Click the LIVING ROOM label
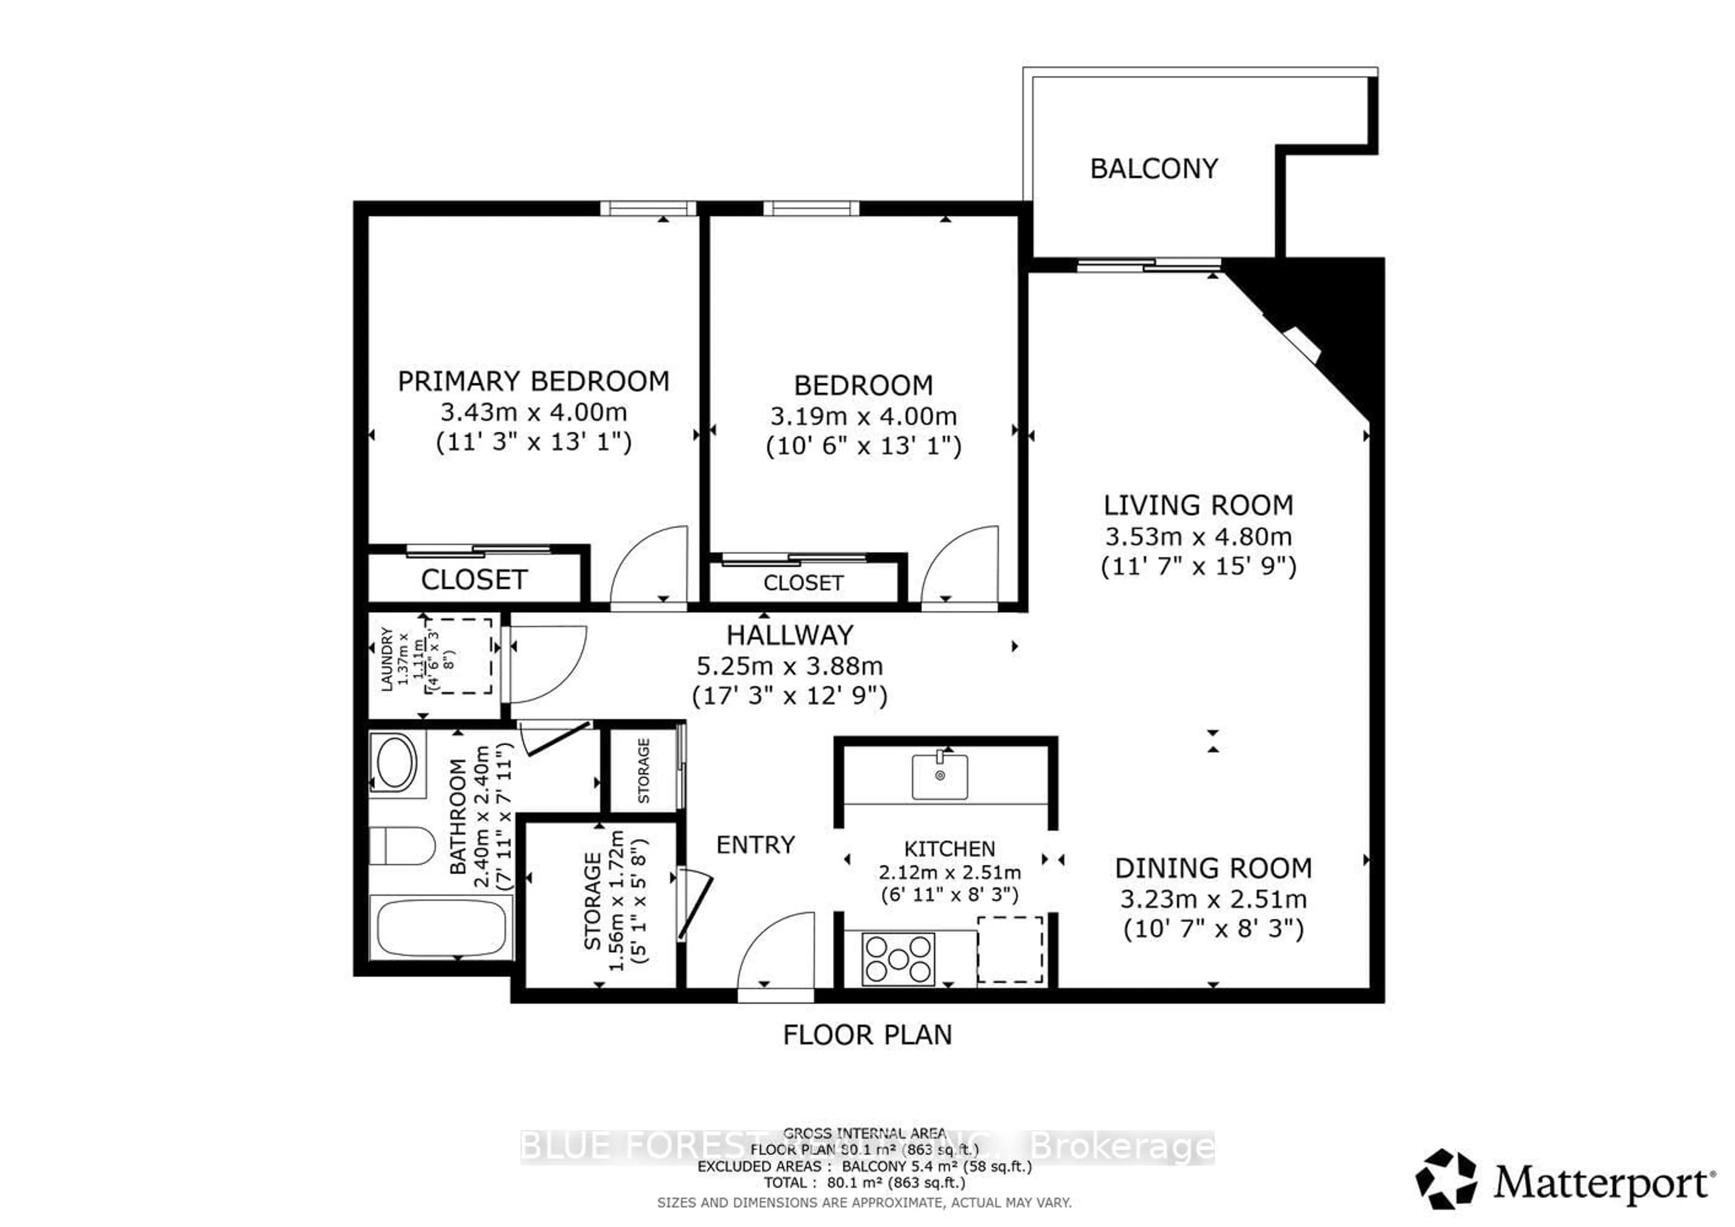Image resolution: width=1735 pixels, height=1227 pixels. pyautogui.click(x=1198, y=505)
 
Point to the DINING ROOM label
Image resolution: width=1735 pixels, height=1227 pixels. pyautogui.click(x=1213, y=868)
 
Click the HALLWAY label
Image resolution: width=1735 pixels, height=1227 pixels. pyautogui.click(x=790, y=635)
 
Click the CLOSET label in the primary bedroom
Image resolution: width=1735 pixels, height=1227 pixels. pyautogui.click(x=474, y=580)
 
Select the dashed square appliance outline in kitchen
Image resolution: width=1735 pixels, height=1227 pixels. pyautogui.click(x=1010, y=950)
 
